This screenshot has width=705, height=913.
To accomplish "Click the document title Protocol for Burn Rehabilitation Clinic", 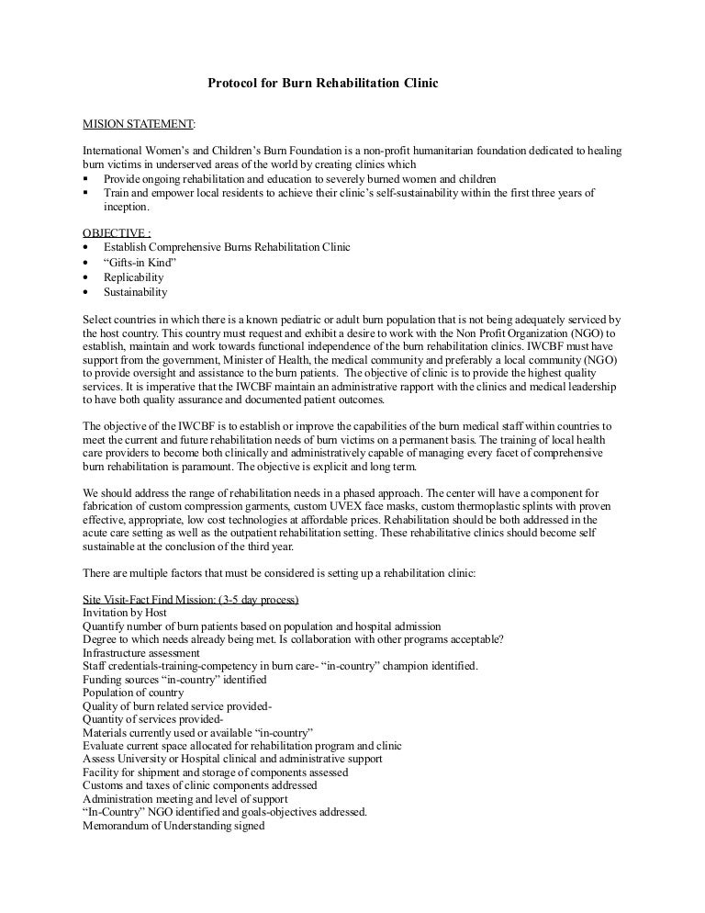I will (x=322, y=84).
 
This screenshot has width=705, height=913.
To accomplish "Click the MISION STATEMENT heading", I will (x=139, y=123).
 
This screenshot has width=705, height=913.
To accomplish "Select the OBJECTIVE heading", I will (x=117, y=233).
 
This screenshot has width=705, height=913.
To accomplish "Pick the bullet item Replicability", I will (x=133, y=277).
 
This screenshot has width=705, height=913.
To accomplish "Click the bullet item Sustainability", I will (x=135, y=292).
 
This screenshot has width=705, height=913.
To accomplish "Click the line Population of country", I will (x=133, y=693).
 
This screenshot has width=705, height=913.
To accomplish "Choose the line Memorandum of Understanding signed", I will (x=173, y=826).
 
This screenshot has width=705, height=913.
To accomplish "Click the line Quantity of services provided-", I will (x=146, y=719).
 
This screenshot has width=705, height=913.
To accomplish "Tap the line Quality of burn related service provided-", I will (x=177, y=706).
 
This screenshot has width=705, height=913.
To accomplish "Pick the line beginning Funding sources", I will (x=174, y=680).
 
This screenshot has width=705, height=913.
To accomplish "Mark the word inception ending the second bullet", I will (x=128, y=207).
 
